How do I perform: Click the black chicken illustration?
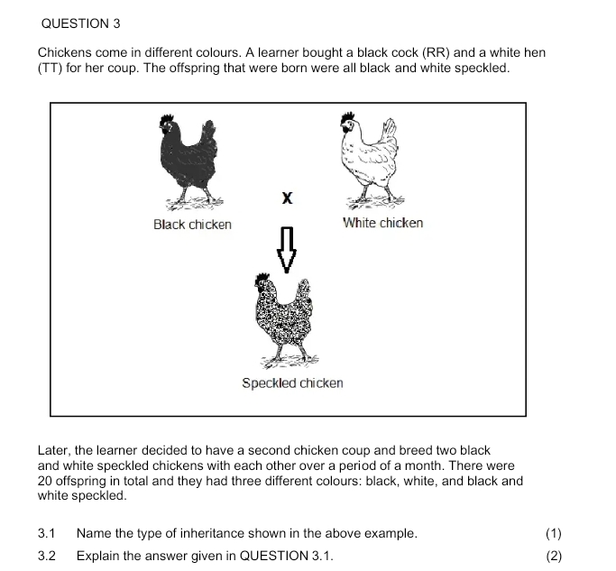tap(188, 161)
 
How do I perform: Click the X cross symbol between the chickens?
tap(287, 198)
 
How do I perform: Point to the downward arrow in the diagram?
tap(287, 249)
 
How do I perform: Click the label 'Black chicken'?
tap(192, 225)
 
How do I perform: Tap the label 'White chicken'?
tap(382, 223)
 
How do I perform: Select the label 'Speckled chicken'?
tap(292, 383)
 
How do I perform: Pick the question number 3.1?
tap(49, 533)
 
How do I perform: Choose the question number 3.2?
tap(49, 556)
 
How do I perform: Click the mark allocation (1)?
tap(554, 533)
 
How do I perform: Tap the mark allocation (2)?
tap(554, 556)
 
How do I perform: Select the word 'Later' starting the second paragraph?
tap(53, 450)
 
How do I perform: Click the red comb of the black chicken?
tap(166, 121)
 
